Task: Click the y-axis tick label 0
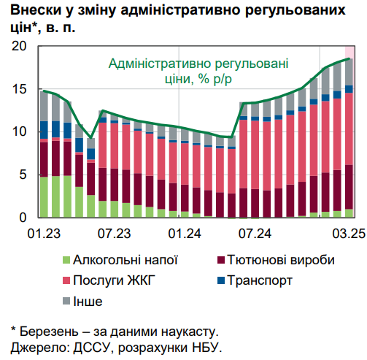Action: click(22, 218)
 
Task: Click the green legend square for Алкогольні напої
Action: click(68, 260)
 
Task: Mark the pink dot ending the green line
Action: click(349, 58)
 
